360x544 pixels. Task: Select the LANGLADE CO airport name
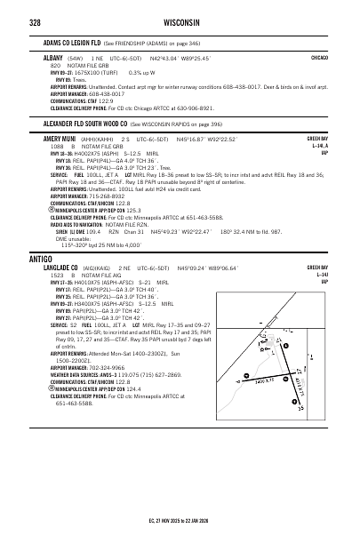(66, 243)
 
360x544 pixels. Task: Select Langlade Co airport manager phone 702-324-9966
(108, 367)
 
